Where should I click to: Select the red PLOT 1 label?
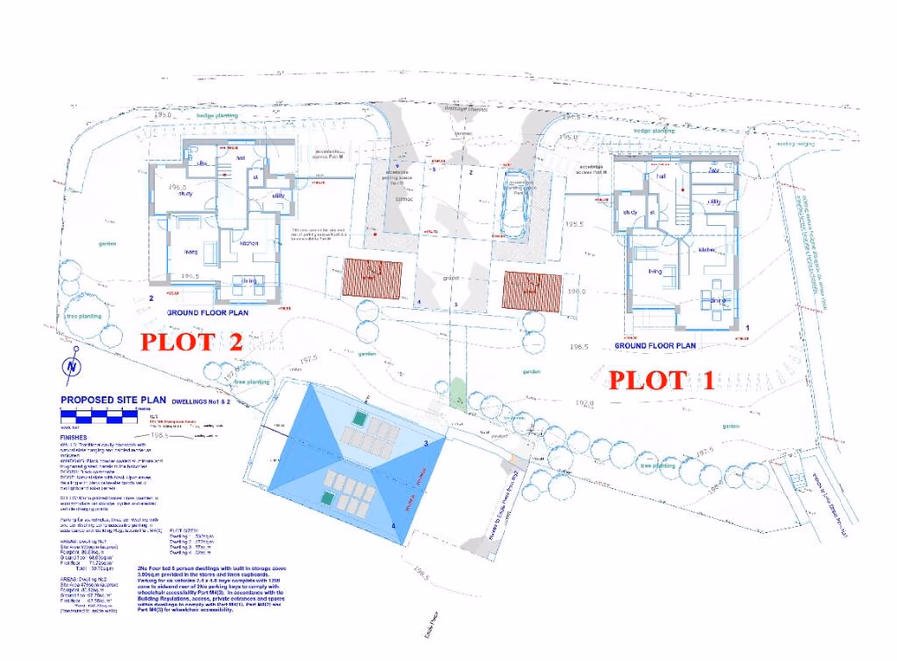(660, 379)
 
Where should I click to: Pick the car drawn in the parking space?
(515, 206)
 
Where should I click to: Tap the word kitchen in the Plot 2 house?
(247, 242)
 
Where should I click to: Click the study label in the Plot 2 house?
(184, 195)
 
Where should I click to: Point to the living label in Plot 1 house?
(655, 269)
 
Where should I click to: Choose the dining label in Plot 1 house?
(718, 299)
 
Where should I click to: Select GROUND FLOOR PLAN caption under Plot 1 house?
(657, 346)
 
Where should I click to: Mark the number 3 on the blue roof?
(425, 443)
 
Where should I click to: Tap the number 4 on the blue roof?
(393, 525)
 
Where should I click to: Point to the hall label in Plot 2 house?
(240, 156)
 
